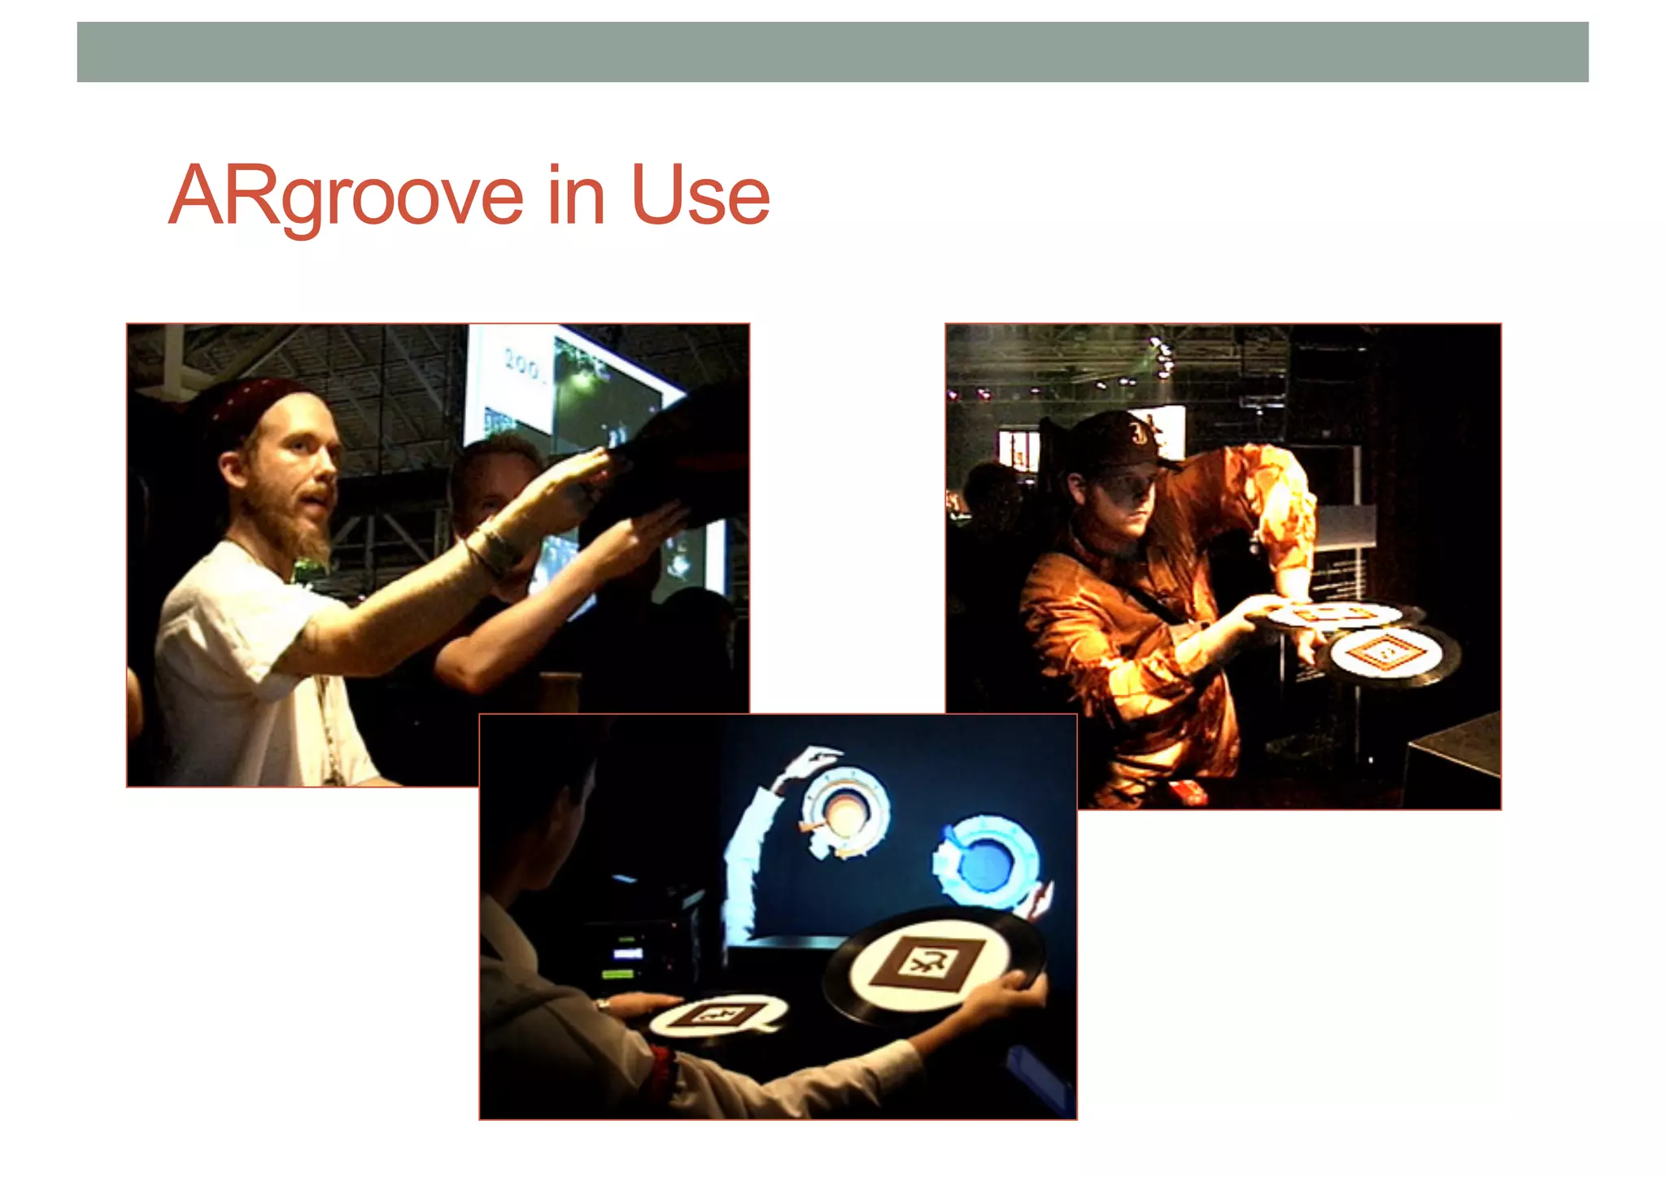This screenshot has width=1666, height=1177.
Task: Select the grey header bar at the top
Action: coord(832,52)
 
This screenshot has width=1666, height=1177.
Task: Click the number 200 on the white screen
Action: coord(521,364)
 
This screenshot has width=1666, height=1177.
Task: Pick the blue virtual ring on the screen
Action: coord(986,862)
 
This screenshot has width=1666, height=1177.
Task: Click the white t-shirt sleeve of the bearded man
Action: coord(268,643)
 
